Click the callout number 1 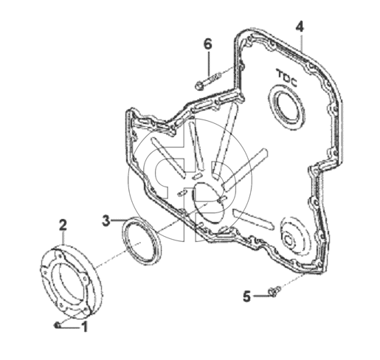85,327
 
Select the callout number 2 63,225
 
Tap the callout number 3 106,221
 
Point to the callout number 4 300,27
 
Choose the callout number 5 246,296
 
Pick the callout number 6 208,44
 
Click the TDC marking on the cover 287,78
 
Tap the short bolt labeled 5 274,291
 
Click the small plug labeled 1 57,325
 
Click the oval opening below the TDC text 286,106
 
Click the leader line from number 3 119,221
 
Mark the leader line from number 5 260,296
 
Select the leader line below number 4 301,41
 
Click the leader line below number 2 63,238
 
